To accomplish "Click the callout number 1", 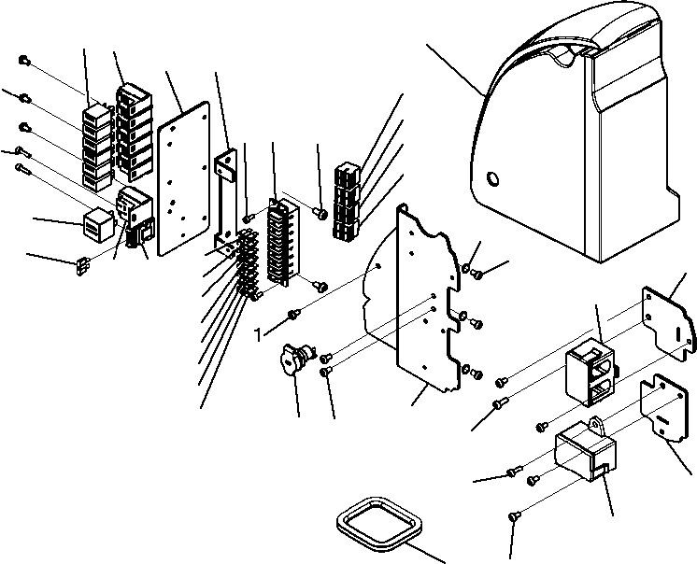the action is (x=258, y=335).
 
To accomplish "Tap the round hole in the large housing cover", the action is (x=493, y=179).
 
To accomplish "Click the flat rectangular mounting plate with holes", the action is (x=183, y=177).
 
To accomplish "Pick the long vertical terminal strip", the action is (x=283, y=242).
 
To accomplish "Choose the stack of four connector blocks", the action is (x=347, y=201).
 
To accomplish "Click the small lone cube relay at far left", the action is (x=98, y=221).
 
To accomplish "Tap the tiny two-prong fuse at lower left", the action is (x=82, y=266).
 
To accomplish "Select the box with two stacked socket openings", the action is (x=590, y=372).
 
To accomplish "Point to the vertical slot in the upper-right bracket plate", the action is (x=677, y=335).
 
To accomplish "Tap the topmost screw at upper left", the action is (x=24, y=60).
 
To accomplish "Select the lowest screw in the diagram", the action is (x=514, y=516).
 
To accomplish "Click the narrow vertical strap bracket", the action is (x=226, y=202).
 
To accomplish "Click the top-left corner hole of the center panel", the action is (x=404, y=207).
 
